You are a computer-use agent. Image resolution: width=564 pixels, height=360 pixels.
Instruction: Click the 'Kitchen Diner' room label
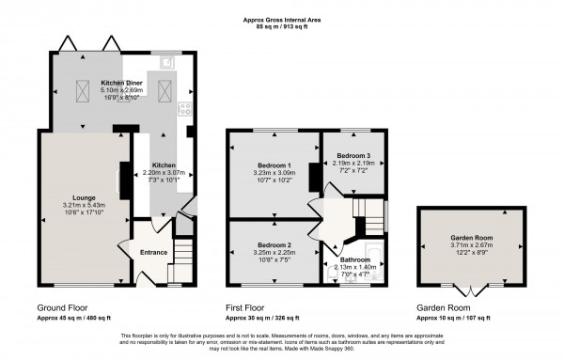click(121, 83)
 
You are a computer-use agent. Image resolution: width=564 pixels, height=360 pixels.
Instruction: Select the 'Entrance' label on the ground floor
click(153, 252)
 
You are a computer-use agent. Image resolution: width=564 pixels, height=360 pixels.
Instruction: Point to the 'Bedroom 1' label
click(274, 164)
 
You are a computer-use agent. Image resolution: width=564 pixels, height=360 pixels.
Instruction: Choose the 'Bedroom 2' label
click(274, 244)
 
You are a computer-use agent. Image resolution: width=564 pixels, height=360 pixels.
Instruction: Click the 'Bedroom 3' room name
click(353, 154)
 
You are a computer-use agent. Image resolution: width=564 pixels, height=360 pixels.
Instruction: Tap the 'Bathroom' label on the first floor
click(355, 258)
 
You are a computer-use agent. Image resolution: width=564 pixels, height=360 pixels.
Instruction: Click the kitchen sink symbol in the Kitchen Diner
click(166, 63)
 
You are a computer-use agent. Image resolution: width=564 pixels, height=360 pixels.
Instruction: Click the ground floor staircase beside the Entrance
click(184, 251)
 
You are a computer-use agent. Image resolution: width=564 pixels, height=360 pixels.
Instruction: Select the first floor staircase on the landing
click(368, 211)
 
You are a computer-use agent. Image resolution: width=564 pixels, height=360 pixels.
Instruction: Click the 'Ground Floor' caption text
click(64, 307)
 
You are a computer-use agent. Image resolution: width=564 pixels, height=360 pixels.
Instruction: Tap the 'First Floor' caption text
click(247, 307)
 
